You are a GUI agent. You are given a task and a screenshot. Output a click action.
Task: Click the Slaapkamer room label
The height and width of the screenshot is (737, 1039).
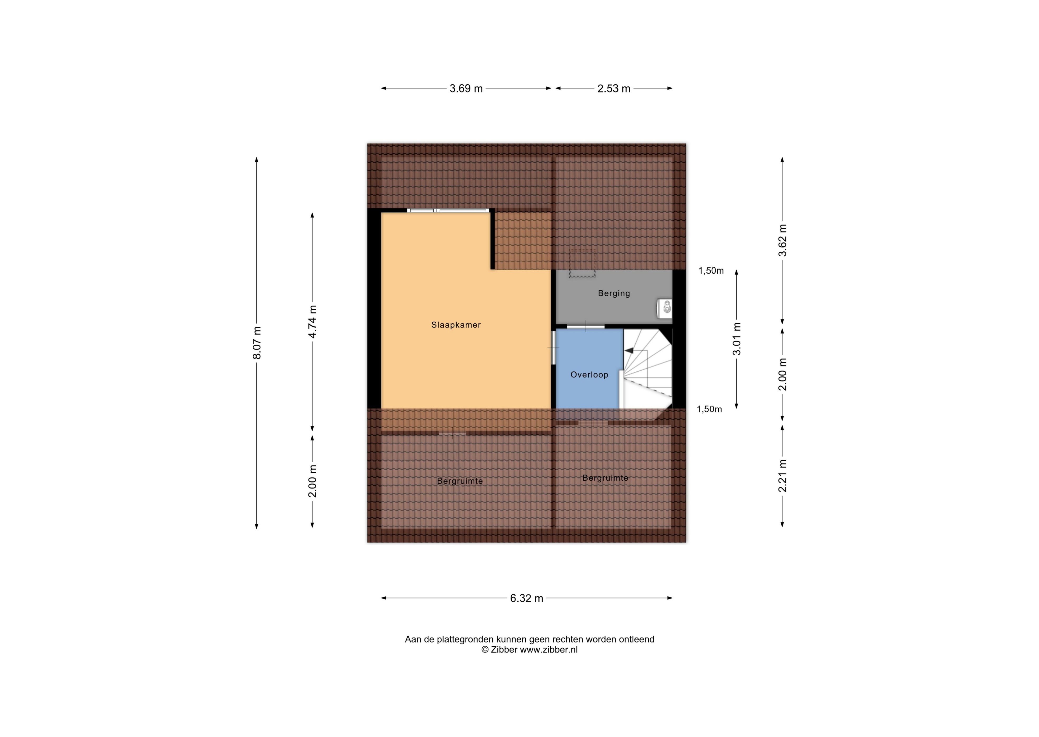click(456, 325)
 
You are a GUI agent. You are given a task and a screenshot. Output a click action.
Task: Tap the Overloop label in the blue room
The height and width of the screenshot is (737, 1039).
click(589, 375)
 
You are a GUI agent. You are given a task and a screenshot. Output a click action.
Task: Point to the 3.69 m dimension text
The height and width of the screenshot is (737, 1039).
click(466, 88)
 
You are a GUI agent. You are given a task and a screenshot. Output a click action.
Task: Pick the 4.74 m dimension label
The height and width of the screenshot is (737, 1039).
click(313, 321)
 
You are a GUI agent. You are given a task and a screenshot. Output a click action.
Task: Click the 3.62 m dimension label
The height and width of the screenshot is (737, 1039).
click(783, 241)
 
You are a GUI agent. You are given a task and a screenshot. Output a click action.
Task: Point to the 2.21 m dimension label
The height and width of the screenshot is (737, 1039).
click(783, 476)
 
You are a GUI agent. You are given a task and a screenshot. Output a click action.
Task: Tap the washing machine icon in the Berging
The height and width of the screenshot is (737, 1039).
click(665, 308)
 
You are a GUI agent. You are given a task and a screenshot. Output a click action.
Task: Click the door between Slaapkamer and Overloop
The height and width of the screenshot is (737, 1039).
click(553, 348)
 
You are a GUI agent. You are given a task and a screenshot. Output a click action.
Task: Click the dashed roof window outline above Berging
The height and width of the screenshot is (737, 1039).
click(583, 263)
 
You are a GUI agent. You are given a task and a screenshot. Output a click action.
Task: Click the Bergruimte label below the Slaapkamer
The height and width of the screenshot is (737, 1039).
click(460, 481)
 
